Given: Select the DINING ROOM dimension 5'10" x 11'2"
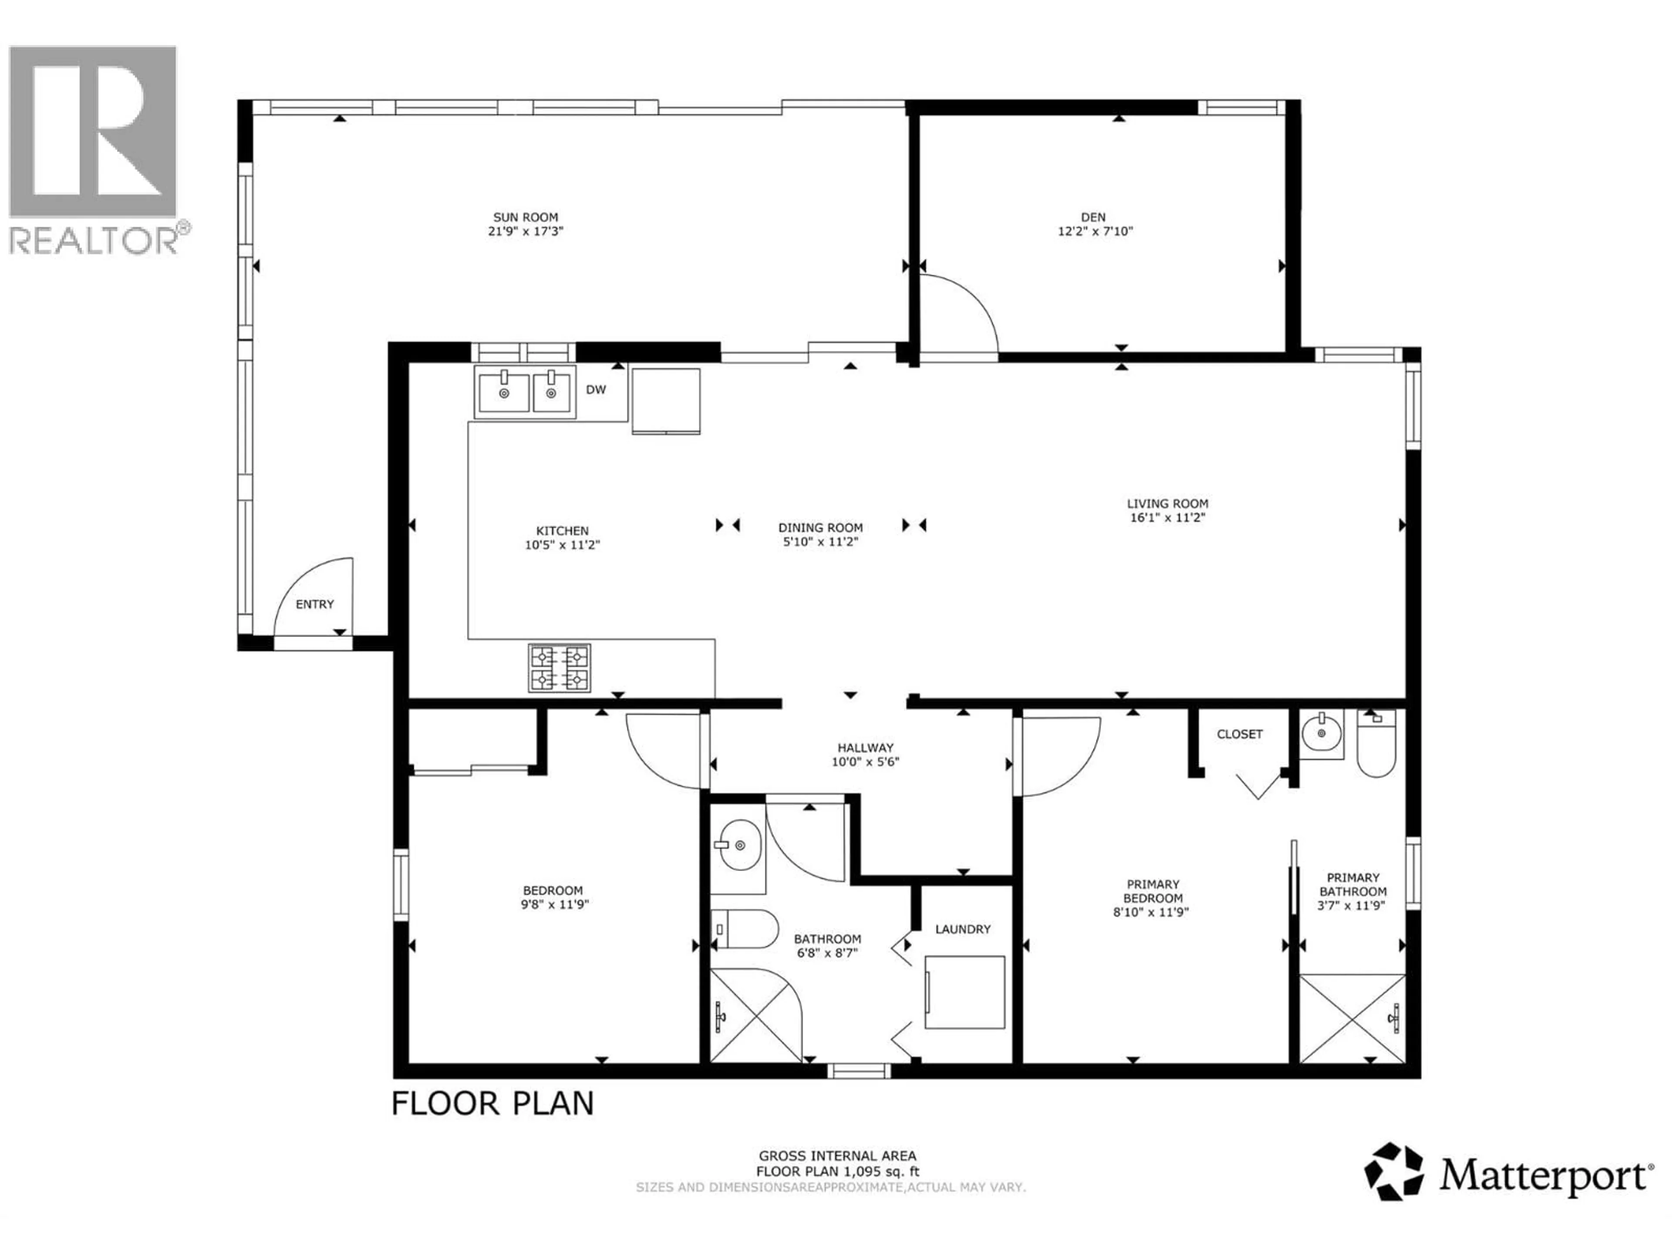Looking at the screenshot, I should (820, 542).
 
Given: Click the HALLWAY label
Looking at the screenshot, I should (865, 748).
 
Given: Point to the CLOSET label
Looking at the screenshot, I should (1240, 734).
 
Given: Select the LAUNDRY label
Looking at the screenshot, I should (962, 929).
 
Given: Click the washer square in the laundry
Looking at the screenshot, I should (964, 992).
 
